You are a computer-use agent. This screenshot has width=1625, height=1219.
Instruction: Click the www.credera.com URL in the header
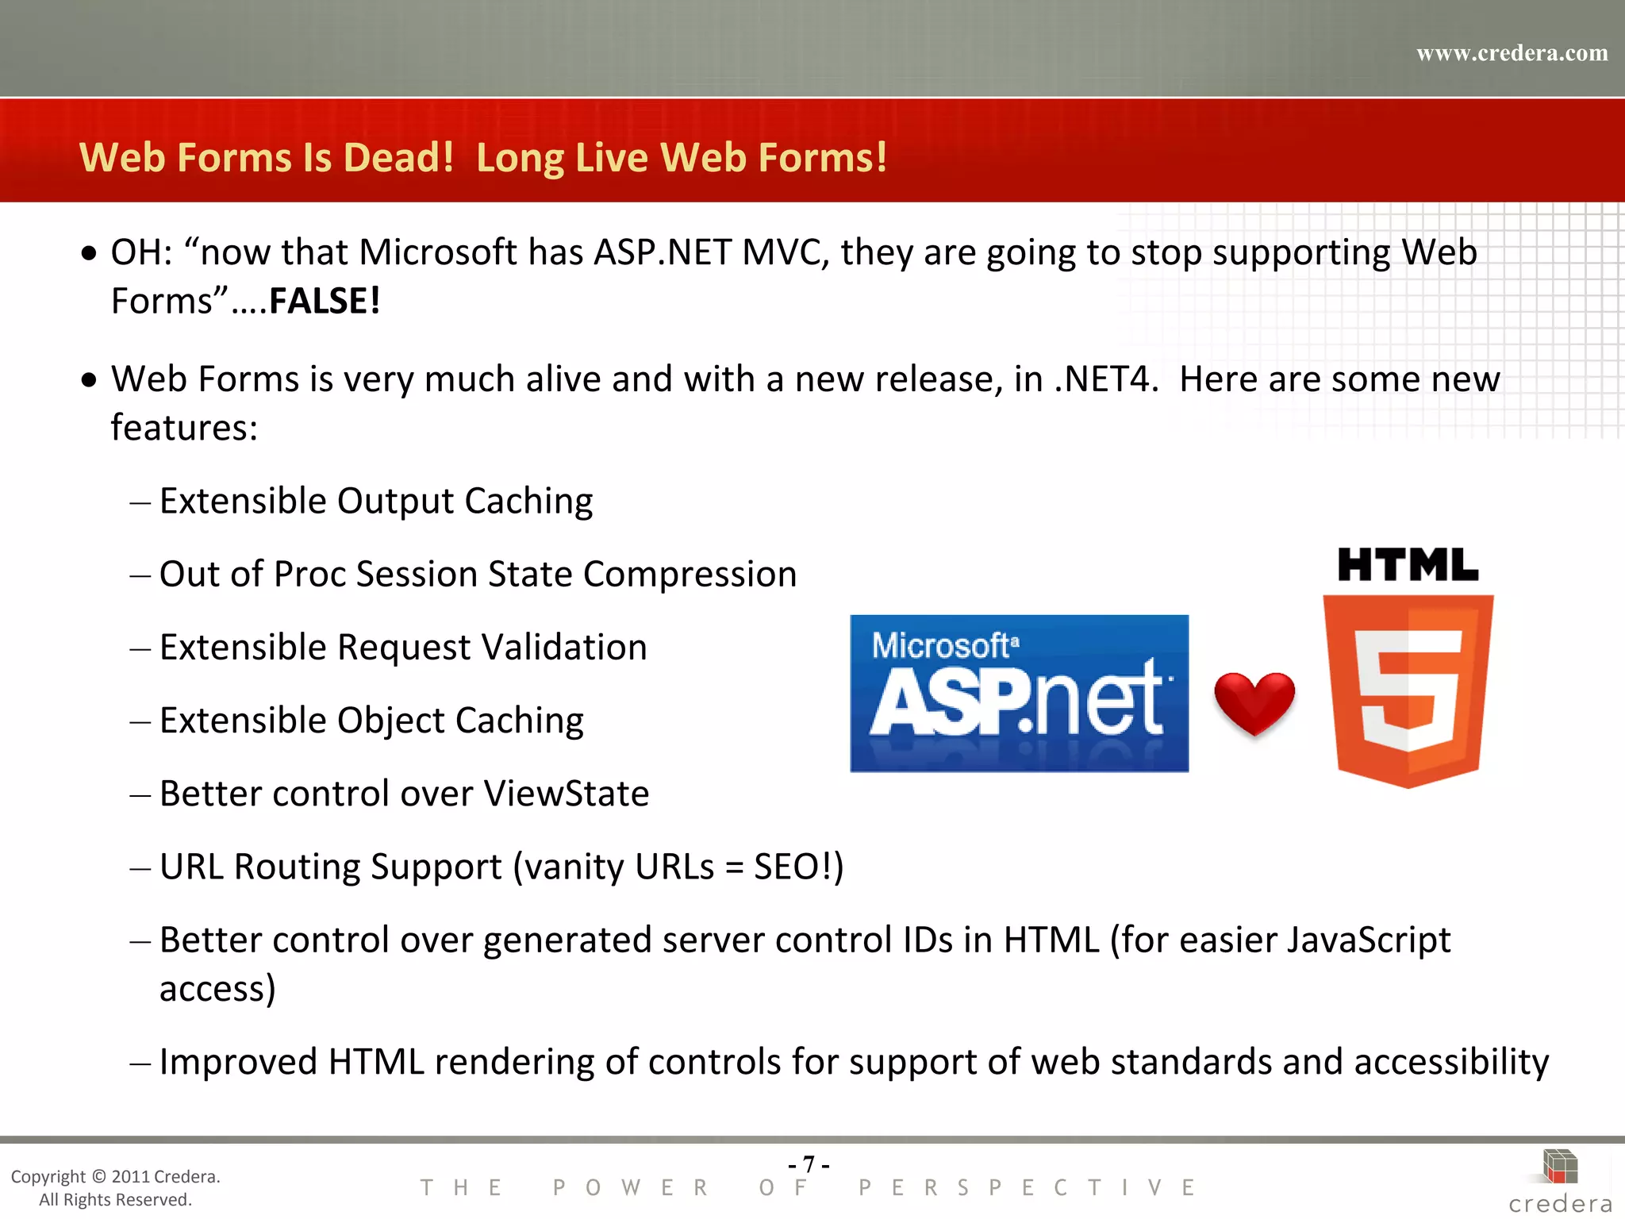(1512, 53)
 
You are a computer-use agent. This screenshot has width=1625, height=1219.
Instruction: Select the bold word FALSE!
(325, 302)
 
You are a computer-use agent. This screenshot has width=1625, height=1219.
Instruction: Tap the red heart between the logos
(1254, 702)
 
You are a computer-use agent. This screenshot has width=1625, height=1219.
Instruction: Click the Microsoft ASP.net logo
(1019, 693)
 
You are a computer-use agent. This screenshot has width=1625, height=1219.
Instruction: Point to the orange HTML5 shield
(1408, 690)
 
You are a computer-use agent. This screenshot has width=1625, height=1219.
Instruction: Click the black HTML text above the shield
(1408, 565)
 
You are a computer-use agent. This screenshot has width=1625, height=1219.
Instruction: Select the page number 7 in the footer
(809, 1164)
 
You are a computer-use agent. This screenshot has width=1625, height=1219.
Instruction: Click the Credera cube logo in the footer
(1560, 1167)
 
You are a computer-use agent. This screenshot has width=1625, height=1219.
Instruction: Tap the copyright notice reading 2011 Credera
(115, 1176)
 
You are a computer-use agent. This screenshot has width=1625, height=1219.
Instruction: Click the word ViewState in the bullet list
(566, 794)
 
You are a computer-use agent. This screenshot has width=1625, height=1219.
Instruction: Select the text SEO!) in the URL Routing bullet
(798, 867)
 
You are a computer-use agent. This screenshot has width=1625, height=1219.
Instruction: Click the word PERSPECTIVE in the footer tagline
(1027, 1188)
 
